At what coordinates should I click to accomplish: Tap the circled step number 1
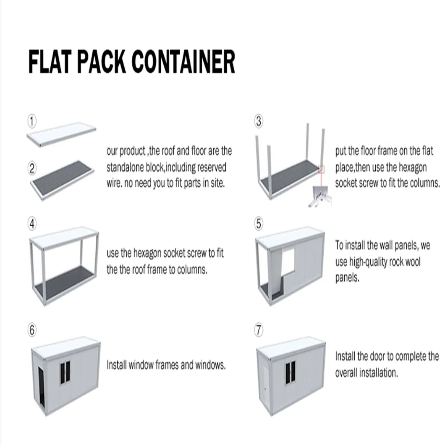coord(32,121)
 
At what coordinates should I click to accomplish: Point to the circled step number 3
coord(259,121)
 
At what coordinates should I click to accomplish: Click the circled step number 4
coord(32,224)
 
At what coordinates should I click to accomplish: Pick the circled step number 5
coord(259,224)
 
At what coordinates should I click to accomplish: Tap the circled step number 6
coord(32,330)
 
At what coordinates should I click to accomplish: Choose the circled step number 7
coord(259,330)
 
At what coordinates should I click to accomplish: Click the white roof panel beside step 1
coord(61,134)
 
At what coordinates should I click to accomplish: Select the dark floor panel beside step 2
coord(62,180)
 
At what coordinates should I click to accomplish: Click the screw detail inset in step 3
coord(320,195)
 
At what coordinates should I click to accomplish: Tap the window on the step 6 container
coord(65,372)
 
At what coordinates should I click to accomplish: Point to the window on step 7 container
coord(291,372)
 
